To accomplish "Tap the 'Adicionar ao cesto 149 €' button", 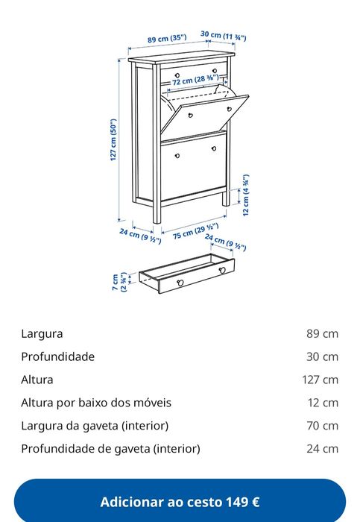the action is (x=180, y=502).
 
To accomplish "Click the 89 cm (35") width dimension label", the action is (x=167, y=39).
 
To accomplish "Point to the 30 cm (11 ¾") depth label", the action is (x=224, y=36).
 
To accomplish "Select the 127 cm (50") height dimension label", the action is (x=113, y=140).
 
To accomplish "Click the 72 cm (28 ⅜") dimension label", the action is (x=195, y=80).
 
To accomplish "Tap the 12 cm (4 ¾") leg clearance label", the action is (x=246, y=195).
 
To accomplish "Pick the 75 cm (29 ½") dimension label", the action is (x=195, y=231).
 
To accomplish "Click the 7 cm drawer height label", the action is (x=120, y=282).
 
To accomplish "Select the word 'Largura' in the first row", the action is (x=42, y=333).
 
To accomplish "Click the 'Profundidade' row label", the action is (x=58, y=356).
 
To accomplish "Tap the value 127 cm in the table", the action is (x=320, y=380).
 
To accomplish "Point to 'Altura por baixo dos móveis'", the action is (x=96, y=403).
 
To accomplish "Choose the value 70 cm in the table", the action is (x=323, y=426).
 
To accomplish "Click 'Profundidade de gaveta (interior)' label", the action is (x=111, y=448).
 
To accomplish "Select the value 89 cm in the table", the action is (x=323, y=333).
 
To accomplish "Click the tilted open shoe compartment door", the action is (x=205, y=115).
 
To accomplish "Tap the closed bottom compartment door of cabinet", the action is (x=194, y=166).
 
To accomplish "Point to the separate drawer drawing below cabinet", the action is (x=187, y=274).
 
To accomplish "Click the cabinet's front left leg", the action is (x=157, y=143).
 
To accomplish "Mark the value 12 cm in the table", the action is (x=323, y=403).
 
